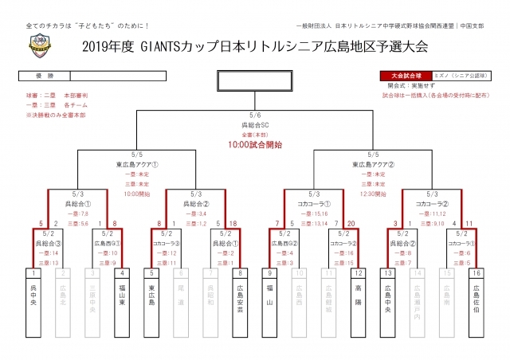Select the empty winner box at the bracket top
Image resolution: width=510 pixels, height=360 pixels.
click(x=256, y=81)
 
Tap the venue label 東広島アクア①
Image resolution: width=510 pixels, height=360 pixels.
click(x=136, y=165)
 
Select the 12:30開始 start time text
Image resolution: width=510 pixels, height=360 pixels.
click(x=374, y=194)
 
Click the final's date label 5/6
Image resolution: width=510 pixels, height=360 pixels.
click(x=256, y=115)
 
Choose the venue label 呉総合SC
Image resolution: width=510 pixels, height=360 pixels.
click(x=256, y=125)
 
